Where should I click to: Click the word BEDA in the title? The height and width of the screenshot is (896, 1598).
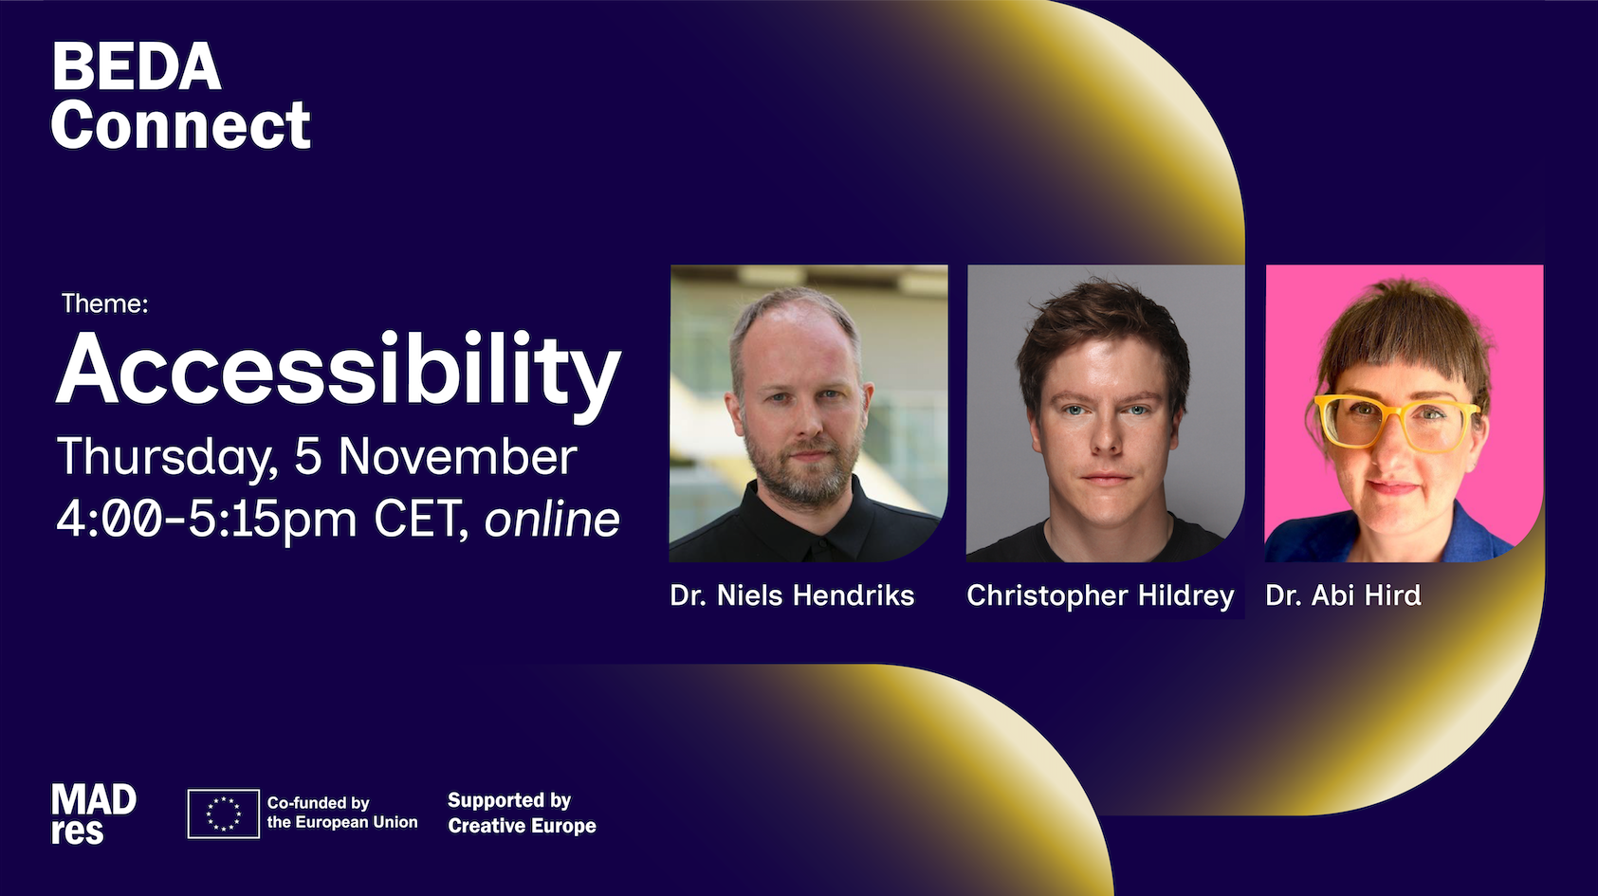pos(137,66)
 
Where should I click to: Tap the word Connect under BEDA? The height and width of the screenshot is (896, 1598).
pos(180,125)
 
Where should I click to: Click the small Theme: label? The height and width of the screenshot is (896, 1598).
pos(105,304)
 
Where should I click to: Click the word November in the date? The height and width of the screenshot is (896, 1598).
pos(457,457)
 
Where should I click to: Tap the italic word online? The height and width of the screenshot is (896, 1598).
pos(552,519)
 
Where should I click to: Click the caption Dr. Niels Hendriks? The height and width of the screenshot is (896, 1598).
pos(792,595)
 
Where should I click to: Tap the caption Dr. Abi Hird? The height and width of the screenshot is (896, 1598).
pos(1343,595)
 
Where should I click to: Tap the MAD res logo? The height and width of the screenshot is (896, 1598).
pos(94,814)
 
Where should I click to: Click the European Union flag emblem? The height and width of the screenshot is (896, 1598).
pos(223,814)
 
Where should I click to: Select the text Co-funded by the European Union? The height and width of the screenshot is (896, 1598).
pos(341,813)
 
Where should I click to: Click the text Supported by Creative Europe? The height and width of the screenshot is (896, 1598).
pos(522,813)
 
